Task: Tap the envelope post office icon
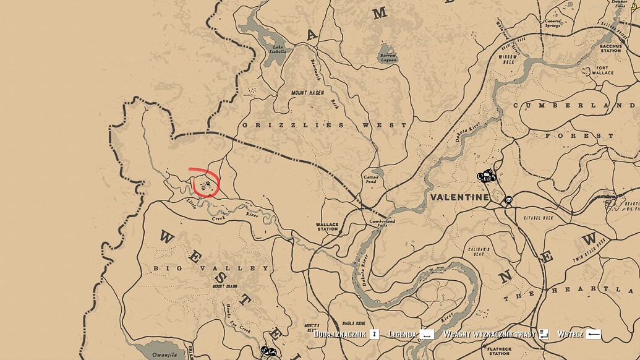(x=508, y=200)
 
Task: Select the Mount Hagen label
(x=309, y=93)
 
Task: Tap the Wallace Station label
(x=327, y=226)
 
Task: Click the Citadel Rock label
(x=538, y=217)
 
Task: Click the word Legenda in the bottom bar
(x=403, y=334)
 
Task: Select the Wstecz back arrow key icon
(x=594, y=334)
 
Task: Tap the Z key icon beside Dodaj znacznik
(x=374, y=334)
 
